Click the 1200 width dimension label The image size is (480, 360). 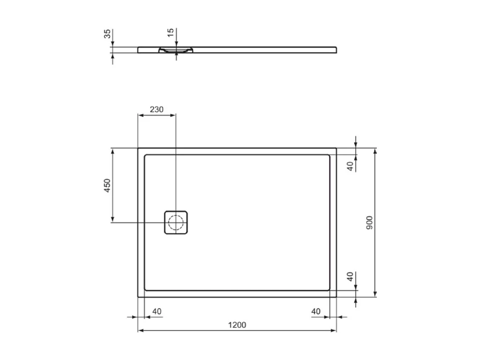[237, 325]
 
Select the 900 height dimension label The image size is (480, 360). [369, 223]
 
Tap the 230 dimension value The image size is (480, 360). [156, 109]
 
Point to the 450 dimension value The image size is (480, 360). [107, 185]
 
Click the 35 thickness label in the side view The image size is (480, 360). [107, 34]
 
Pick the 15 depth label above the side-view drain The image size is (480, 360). [170, 34]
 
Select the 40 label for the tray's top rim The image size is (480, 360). [350, 166]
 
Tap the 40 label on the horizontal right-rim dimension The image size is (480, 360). [315, 312]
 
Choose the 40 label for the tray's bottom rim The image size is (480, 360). [350, 277]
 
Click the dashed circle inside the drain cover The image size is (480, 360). [175, 222]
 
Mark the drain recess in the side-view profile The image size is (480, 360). [175, 51]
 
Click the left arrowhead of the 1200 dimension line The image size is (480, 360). [141, 331]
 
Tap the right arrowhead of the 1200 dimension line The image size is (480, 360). [334, 331]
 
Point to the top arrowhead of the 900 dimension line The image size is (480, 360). [375, 151]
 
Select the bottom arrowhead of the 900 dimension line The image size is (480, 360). [375, 294]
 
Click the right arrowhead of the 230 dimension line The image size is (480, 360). [172, 115]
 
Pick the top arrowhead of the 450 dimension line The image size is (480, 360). [113, 151]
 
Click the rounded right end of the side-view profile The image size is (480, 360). [337, 50]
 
